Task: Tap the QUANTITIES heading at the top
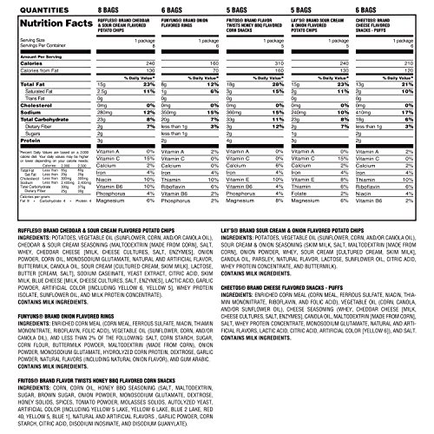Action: (x=36, y=9)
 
